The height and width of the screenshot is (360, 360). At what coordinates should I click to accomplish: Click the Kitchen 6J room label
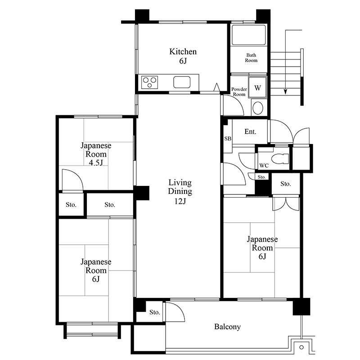click(x=183, y=56)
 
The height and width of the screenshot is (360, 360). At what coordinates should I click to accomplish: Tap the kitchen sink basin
click(x=182, y=82)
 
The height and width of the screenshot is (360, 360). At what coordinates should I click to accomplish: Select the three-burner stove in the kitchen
click(x=150, y=82)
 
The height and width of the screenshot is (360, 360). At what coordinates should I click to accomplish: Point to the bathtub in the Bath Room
click(x=249, y=35)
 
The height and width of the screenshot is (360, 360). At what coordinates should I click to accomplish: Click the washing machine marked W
click(x=257, y=88)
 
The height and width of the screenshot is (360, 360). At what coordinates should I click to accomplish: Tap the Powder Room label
click(x=239, y=92)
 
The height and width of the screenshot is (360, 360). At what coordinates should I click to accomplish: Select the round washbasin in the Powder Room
click(x=257, y=108)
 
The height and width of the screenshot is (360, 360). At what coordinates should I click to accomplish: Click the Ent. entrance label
click(x=250, y=131)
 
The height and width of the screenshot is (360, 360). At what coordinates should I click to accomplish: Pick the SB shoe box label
click(x=228, y=139)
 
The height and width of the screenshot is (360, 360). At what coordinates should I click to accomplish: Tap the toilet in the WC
click(x=280, y=159)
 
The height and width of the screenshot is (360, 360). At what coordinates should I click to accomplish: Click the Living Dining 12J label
click(x=180, y=192)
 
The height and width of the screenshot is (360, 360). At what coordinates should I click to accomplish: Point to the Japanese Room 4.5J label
click(x=96, y=154)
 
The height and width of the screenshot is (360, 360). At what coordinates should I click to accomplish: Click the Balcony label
click(x=227, y=327)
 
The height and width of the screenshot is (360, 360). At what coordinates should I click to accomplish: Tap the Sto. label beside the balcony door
click(x=154, y=312)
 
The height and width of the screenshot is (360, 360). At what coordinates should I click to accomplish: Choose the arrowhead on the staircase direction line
click(x=285, y=91)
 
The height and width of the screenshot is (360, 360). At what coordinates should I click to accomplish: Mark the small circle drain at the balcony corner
click(x=301, y=347)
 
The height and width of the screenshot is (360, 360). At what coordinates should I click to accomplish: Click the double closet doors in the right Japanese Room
click(x=286, y=204)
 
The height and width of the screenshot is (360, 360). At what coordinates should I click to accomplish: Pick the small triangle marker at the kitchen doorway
click(x=216, y=87)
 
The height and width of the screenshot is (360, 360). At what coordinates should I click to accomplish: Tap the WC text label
click(x=264, y=166)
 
